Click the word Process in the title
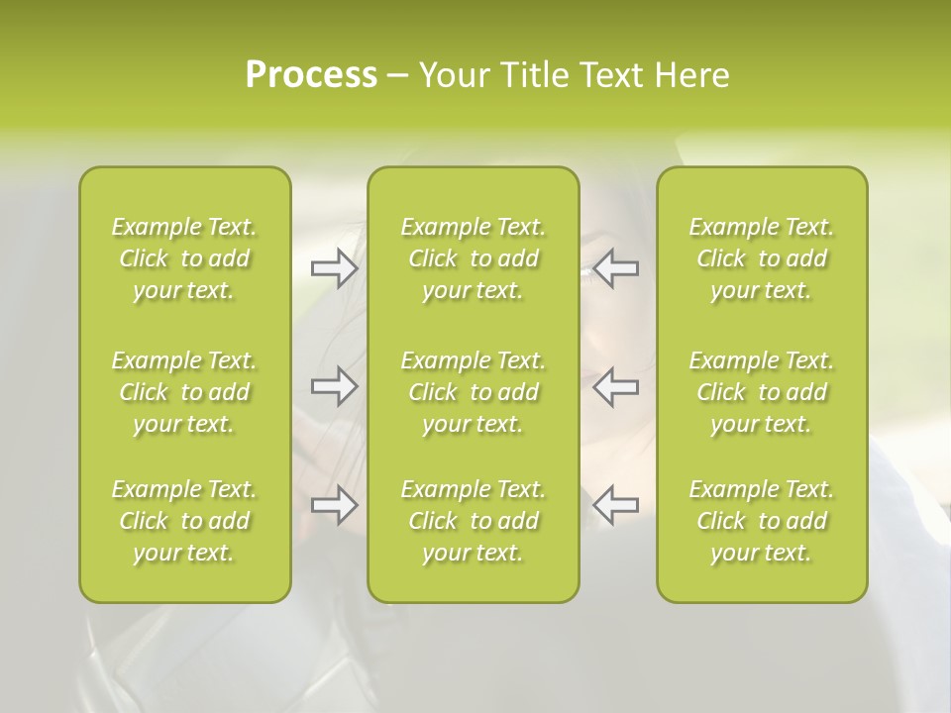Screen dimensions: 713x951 [311, 75]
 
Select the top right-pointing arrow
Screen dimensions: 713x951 [334, 268]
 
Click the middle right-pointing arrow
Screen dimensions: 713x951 [334, 386]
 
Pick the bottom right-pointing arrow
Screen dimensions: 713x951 [334, 504]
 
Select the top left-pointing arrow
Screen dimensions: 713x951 [616, 268]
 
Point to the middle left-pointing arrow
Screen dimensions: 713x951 [616, 386]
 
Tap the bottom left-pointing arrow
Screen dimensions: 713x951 [616, 504]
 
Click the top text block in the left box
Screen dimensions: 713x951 [184, 258]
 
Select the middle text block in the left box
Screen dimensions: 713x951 [184, 392]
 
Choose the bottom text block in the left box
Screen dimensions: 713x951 [184, 521]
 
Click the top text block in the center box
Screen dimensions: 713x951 [474, 258]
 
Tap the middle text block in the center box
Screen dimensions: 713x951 [474, 392]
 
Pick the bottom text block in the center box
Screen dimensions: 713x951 [474, 521]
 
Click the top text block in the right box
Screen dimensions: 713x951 [762, 258]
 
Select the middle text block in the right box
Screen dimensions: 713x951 [762, 392]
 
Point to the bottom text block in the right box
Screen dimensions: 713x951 [762, 521]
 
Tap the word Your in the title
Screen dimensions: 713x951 [450, 75]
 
